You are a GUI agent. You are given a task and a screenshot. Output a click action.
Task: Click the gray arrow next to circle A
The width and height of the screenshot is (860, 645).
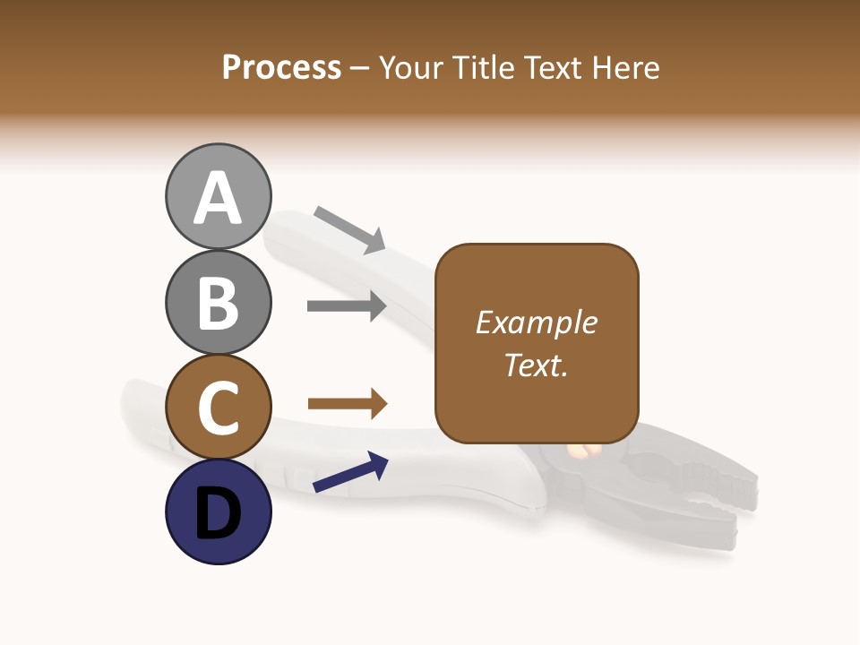[349, 228]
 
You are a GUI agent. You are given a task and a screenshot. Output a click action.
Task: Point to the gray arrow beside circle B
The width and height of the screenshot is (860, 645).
[347, 306]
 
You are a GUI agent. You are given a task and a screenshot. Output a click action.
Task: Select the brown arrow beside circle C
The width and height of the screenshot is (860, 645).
[347, 405]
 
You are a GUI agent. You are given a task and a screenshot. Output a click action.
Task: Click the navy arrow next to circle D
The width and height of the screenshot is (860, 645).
[350, 473]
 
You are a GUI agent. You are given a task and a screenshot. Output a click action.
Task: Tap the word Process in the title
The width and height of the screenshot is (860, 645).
[281, 68]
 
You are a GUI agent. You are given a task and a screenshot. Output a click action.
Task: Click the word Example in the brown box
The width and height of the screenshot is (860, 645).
[536, 322]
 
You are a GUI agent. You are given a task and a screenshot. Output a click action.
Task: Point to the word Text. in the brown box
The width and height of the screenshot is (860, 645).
[536, 365]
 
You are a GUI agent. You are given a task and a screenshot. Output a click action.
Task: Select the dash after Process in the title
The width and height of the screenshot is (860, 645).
[359, 69]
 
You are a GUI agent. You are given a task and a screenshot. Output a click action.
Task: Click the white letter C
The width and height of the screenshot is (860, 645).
[218, 408]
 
